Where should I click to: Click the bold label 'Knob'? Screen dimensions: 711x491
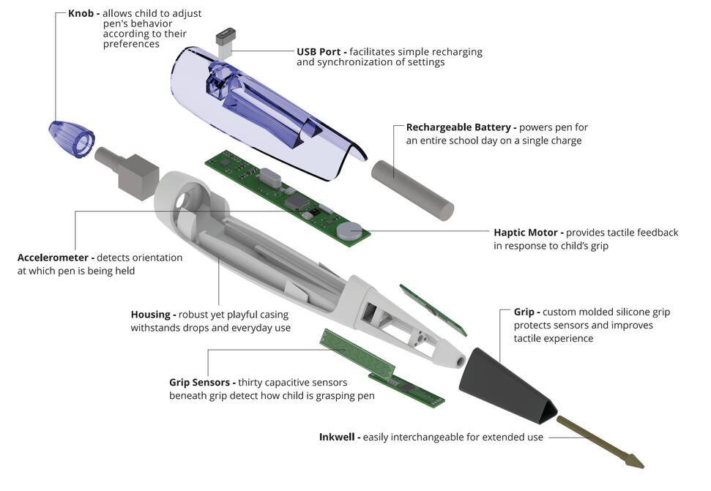(81, 13)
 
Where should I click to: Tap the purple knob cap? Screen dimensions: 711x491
(71, 138)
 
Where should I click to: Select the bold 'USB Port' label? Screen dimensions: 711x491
(319, 52)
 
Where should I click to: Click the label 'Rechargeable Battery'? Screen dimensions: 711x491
(458, 127)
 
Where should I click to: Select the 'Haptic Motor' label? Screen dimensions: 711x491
(526, 233)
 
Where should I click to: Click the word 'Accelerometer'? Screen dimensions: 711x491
(53, 258)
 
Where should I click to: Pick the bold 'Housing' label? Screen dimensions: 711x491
(151, 315)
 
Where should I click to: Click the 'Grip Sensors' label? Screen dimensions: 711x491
(199, 382)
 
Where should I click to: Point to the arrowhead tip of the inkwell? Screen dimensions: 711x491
(643, 466)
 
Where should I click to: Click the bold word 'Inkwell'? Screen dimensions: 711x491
(337, 437)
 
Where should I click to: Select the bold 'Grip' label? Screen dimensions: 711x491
(524, 312)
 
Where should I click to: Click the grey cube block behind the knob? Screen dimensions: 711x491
(138, 177)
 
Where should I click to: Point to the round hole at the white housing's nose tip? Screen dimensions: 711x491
(461, 361)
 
